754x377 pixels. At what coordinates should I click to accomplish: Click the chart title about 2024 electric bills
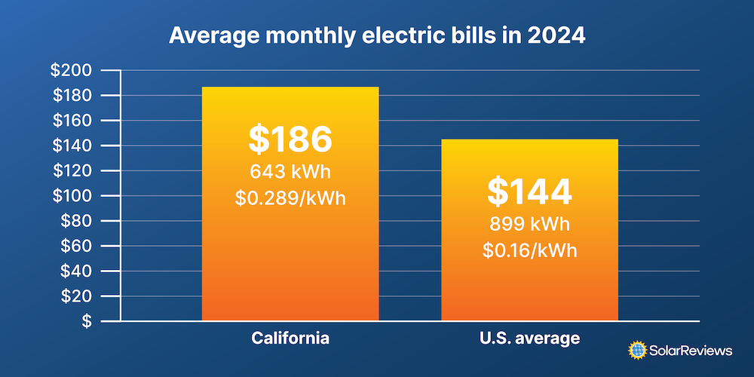376,36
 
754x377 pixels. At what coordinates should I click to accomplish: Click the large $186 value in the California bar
290,139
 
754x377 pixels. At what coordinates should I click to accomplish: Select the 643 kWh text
290,171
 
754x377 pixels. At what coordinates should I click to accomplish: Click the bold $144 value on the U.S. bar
529,192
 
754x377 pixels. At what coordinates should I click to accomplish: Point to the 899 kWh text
529,224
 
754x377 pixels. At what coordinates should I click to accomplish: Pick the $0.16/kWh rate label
529,250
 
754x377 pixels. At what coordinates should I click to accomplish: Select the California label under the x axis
290,338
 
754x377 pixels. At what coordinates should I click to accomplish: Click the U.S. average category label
529,338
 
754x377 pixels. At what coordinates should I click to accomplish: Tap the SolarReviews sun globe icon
638,350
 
